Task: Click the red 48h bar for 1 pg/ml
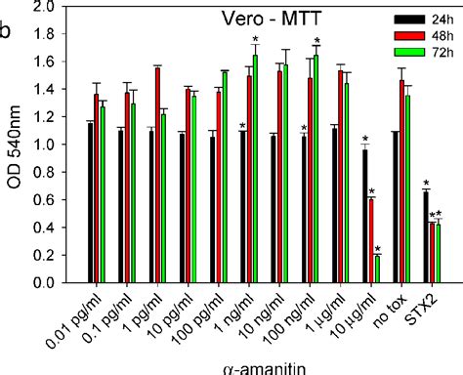tap(158, 175)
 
